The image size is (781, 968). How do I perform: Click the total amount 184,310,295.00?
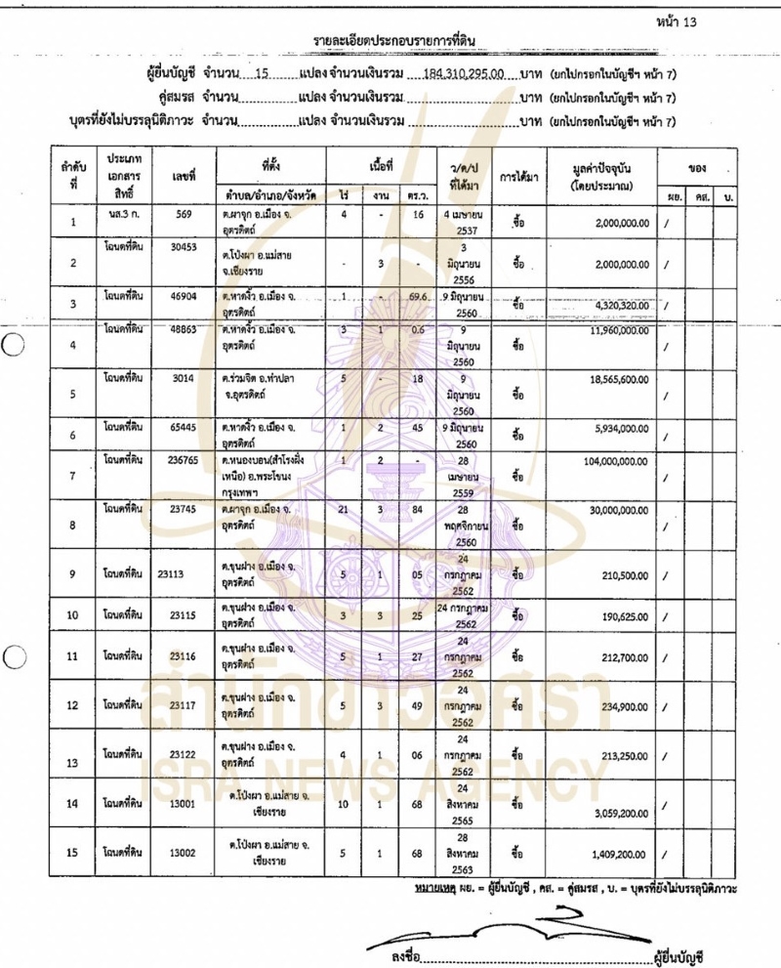pos(467,73)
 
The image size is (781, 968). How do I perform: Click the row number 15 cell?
pos(72,853)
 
